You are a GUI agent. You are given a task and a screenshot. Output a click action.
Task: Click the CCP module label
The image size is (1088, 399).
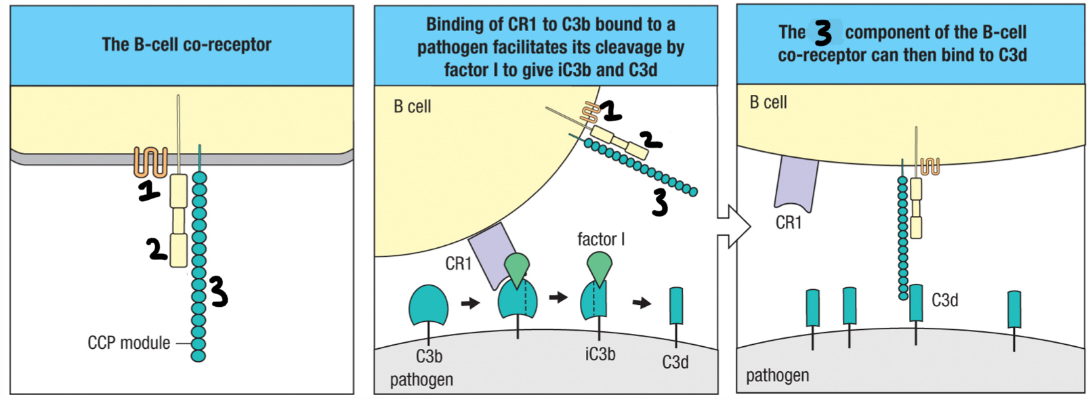coord(129,343)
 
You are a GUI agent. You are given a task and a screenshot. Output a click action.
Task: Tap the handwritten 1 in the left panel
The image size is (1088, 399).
coord(149,192)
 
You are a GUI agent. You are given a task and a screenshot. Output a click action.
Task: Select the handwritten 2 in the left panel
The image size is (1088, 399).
coord(157,249)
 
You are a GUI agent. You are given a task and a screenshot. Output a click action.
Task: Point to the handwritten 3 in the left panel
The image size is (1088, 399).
coord(218,291)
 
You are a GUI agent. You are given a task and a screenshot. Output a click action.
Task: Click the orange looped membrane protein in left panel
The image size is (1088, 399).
coord(150,161)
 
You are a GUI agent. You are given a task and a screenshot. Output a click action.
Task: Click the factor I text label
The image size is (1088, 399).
coord(600,239)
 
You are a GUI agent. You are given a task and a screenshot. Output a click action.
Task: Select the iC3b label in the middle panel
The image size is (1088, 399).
coord(600,354)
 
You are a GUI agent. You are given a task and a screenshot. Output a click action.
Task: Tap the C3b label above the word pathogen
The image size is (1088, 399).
coord(429,356)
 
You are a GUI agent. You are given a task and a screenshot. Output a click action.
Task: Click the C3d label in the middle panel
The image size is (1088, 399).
coord(675,362)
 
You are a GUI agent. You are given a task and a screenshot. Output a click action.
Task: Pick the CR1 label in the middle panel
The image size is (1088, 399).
coord(458,264)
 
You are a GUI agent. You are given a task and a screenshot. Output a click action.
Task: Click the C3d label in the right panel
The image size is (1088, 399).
coord(944,300)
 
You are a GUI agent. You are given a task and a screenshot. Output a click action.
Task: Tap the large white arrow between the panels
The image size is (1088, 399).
coord(734,225)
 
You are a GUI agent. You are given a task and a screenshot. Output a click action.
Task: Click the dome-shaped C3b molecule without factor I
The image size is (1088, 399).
coord(428,306)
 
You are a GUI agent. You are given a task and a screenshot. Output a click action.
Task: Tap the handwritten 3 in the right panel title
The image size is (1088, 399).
coord(823,33)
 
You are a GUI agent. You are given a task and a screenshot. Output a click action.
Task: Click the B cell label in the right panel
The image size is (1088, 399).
coord(768,102)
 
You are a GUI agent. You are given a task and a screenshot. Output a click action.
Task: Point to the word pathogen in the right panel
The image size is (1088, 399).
coord(777,375)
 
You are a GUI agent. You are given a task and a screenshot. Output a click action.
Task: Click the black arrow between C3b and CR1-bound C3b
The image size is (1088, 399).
coord(469,303)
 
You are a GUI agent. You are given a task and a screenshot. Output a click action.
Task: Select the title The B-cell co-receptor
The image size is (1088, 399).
coord(186,45)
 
